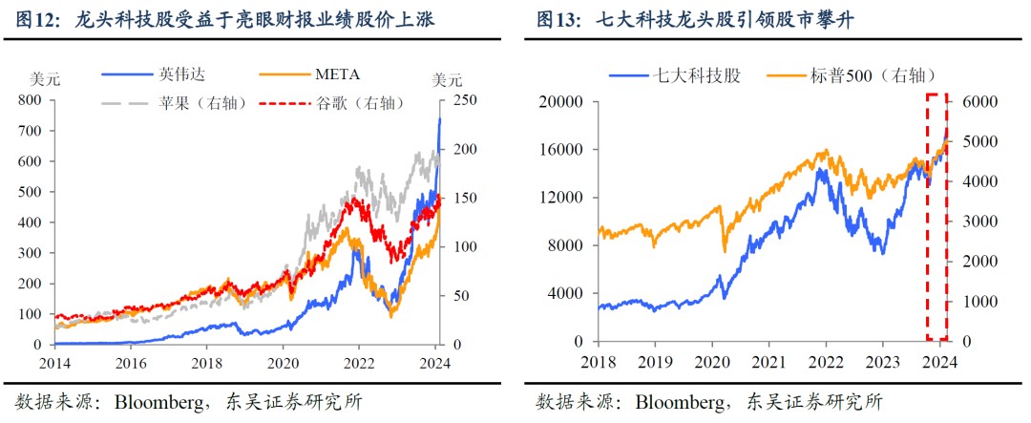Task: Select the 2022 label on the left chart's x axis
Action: (359, 362)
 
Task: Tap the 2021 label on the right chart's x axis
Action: (768, 362)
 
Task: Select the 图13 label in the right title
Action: (558, 18)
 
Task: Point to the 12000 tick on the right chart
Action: (558, 198)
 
